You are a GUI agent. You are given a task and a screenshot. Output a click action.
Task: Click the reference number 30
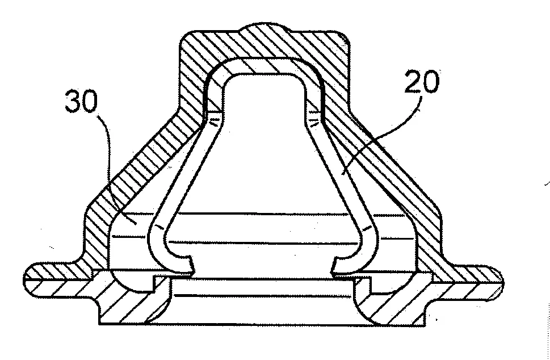click(x=81, y=101)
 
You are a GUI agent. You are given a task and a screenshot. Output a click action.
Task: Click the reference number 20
click(x=421, y=81)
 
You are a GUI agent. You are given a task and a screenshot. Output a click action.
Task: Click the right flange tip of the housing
click(x=502, y=283)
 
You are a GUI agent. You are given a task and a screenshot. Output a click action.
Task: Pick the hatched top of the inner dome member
click(x=263, y=66)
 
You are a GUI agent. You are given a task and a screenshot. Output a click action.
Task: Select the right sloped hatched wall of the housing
click(x=386, y=161)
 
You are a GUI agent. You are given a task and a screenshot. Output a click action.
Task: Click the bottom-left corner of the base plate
click(x=100, y=324)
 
